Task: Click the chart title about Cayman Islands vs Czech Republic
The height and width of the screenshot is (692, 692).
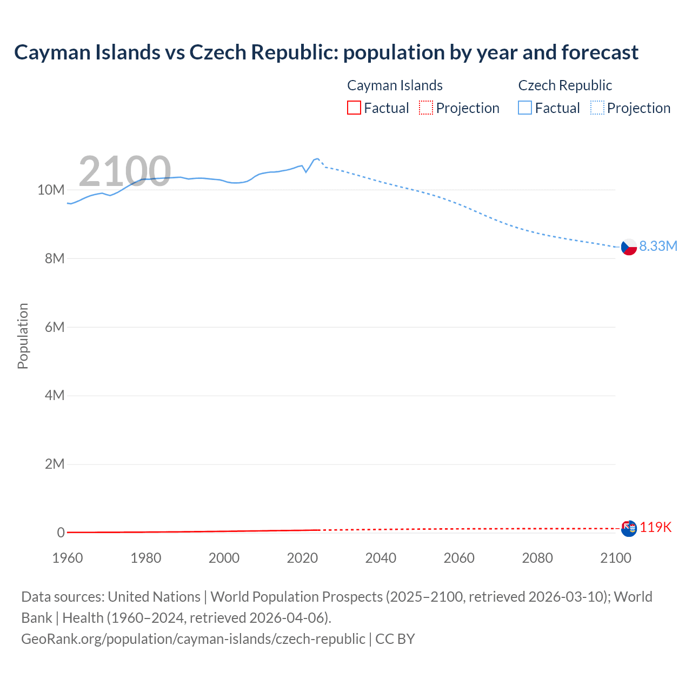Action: coord(326,52)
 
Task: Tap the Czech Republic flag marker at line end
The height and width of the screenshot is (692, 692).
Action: coord(629,247)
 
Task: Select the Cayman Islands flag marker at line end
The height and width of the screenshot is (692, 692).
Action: coord(629,528)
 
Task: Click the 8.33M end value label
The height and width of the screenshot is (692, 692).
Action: coord(658,246)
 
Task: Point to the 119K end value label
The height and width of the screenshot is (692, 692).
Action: coord(655,528)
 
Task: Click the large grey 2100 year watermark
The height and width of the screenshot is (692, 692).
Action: coord(125,171)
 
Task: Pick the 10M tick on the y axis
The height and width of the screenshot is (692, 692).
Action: coord(51,190)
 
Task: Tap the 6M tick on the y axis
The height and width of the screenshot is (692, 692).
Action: coord(55,327)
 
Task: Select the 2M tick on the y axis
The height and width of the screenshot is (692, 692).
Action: coord(55,464)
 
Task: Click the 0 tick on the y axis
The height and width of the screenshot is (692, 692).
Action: coord(61,533)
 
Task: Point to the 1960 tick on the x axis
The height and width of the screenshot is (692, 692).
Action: coord(68,558)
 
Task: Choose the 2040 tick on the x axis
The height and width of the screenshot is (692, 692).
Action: coord(381,558)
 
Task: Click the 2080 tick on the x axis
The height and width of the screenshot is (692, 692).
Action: coord(537,558)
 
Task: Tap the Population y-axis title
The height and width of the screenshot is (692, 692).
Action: coord(23,336)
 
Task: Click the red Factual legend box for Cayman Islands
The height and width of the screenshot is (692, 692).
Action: coord(354,108)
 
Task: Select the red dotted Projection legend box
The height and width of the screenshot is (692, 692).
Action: coord(426,108)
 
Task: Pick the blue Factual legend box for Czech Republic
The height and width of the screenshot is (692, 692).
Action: coord(525,108)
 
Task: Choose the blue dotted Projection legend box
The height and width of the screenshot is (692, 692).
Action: coord(597,108)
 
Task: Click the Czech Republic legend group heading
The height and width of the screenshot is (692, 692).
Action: coord(565,85)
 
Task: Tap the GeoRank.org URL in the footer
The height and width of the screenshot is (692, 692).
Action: coord(193,638)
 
